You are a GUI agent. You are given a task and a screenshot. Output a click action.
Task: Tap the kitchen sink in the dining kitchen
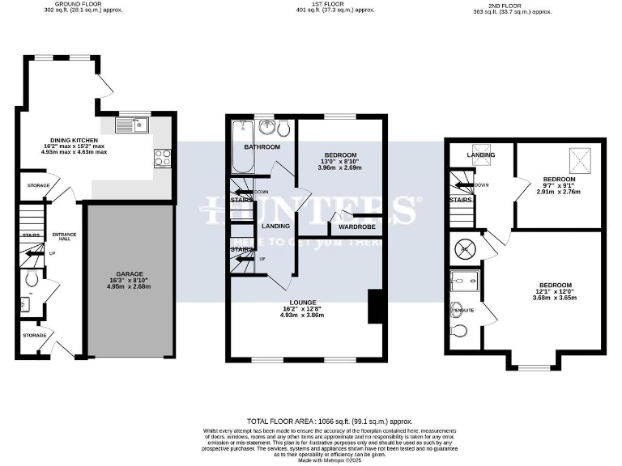129,125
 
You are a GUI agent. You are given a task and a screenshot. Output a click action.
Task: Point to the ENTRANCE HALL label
64,237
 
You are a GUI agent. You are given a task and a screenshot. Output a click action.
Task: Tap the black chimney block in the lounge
373,307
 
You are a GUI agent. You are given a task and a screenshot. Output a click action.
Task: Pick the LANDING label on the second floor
481,155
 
